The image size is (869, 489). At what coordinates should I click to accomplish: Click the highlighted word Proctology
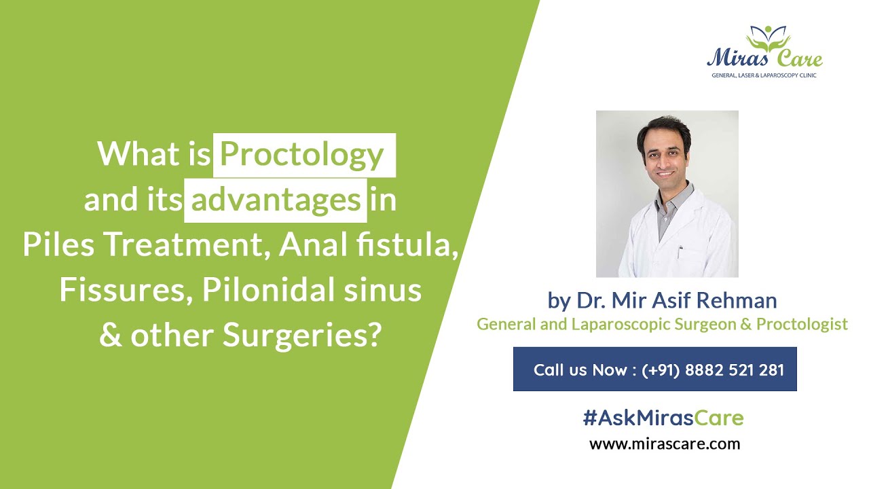[x=302, y=155]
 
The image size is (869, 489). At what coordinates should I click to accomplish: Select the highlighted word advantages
[x=276, y=200]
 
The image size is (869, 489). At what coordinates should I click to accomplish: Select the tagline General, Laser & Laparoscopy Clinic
[x=764, y=75]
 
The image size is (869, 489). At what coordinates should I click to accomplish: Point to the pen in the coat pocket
[x=680, y=252]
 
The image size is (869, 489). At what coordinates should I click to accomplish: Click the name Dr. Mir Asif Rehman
[x=676, y=300]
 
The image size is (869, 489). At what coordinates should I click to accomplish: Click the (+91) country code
[x=661, y=370]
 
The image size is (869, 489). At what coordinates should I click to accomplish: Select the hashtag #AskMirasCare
[x=663, y=418]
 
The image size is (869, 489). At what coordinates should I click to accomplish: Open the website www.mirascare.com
[x=664, y=444]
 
